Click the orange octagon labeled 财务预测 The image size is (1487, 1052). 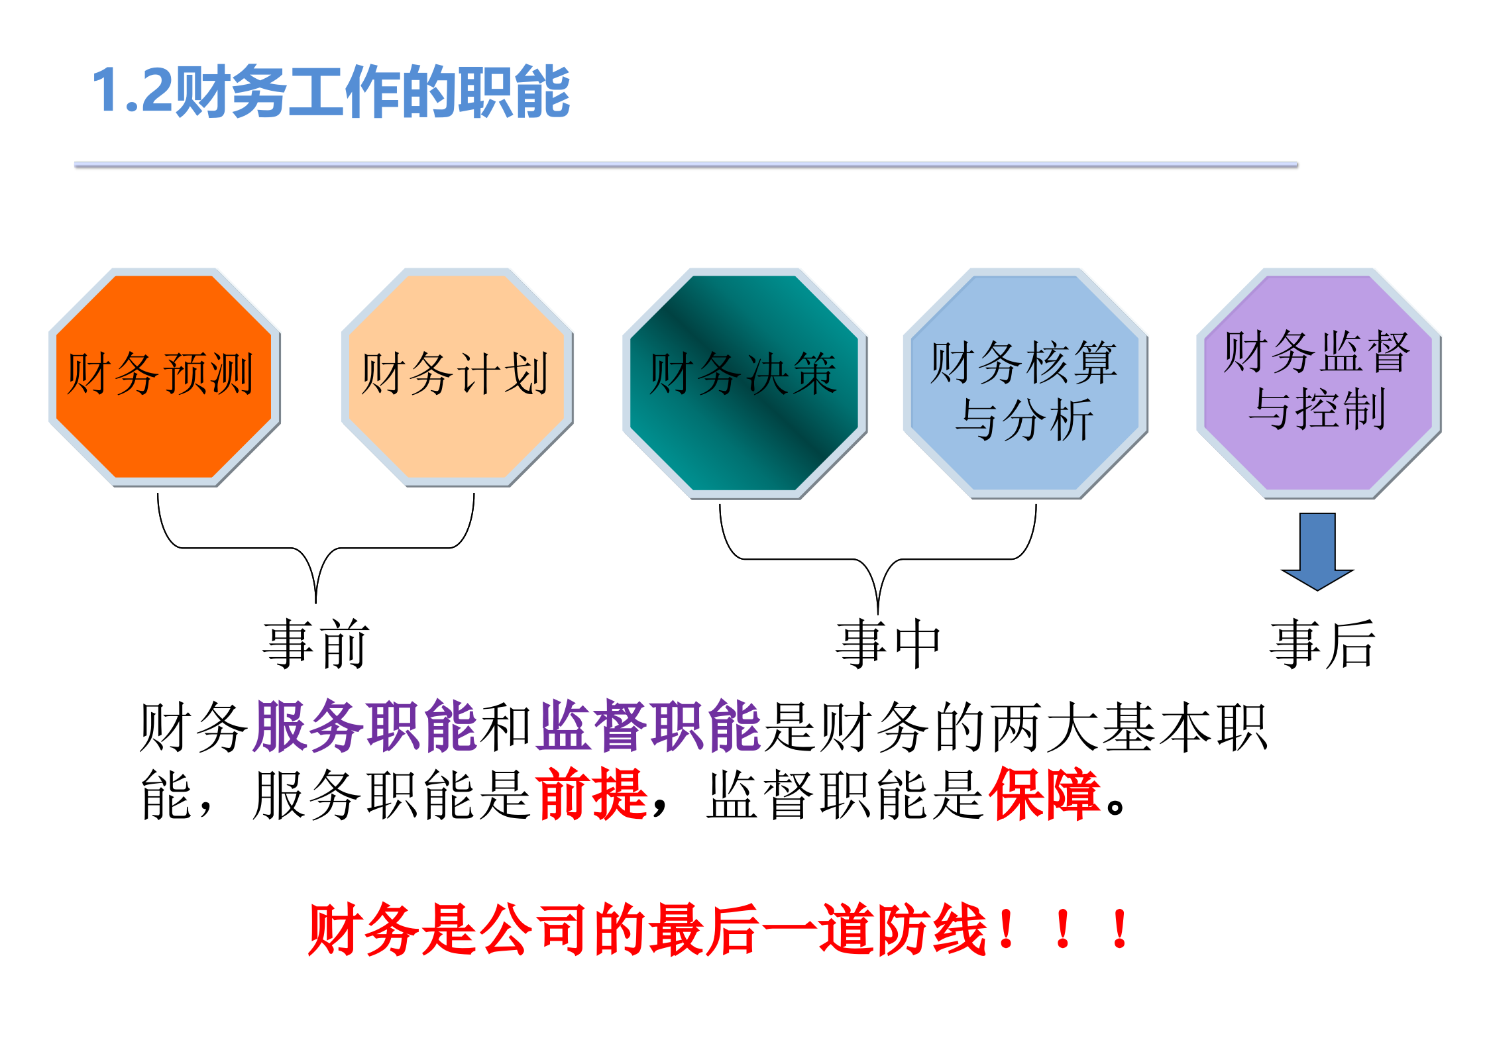pyautogui.click(x=163, y=376)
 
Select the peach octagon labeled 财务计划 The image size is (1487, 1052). pyautogui.click(x=456, y=376)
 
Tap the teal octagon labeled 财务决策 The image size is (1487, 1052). pyautogui.click(x=743, y=383)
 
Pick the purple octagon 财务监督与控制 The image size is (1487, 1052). pyautogui.click(x=1317, y=383)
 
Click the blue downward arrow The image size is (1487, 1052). pyautogui.click(x=1317, y=550)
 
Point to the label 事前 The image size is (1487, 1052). pyautogui.click(x=315, y=644)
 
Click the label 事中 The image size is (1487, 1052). pyautogui.click(x=888, y=644)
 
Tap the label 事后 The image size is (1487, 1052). pyautogui.click(x=1323, y=644)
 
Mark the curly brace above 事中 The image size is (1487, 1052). pyautogui.click(x=877, y=560)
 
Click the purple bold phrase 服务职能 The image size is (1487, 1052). pyautogui.click(x=364, y=727)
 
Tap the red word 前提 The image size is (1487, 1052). pyautogui.click(x=592, y=795)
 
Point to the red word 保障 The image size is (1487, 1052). pyautogui.click(x=1044, y=795)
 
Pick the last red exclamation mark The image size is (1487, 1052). pyautogui.click(x=1120, y=930)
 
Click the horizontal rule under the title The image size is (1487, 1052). pyautogui.click(x=685, y=164)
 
